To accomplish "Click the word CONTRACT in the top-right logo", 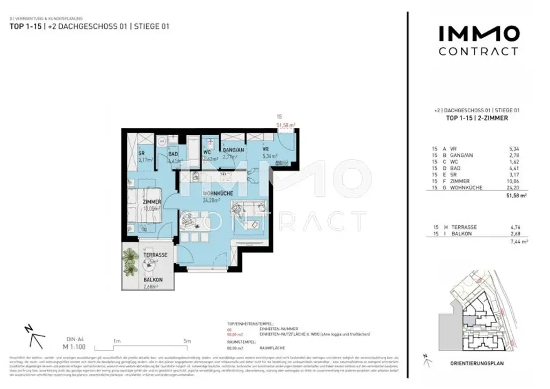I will click(479, 52).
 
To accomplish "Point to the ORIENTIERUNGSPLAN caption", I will click(477, 363).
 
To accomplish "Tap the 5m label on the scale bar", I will click(186, 341).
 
